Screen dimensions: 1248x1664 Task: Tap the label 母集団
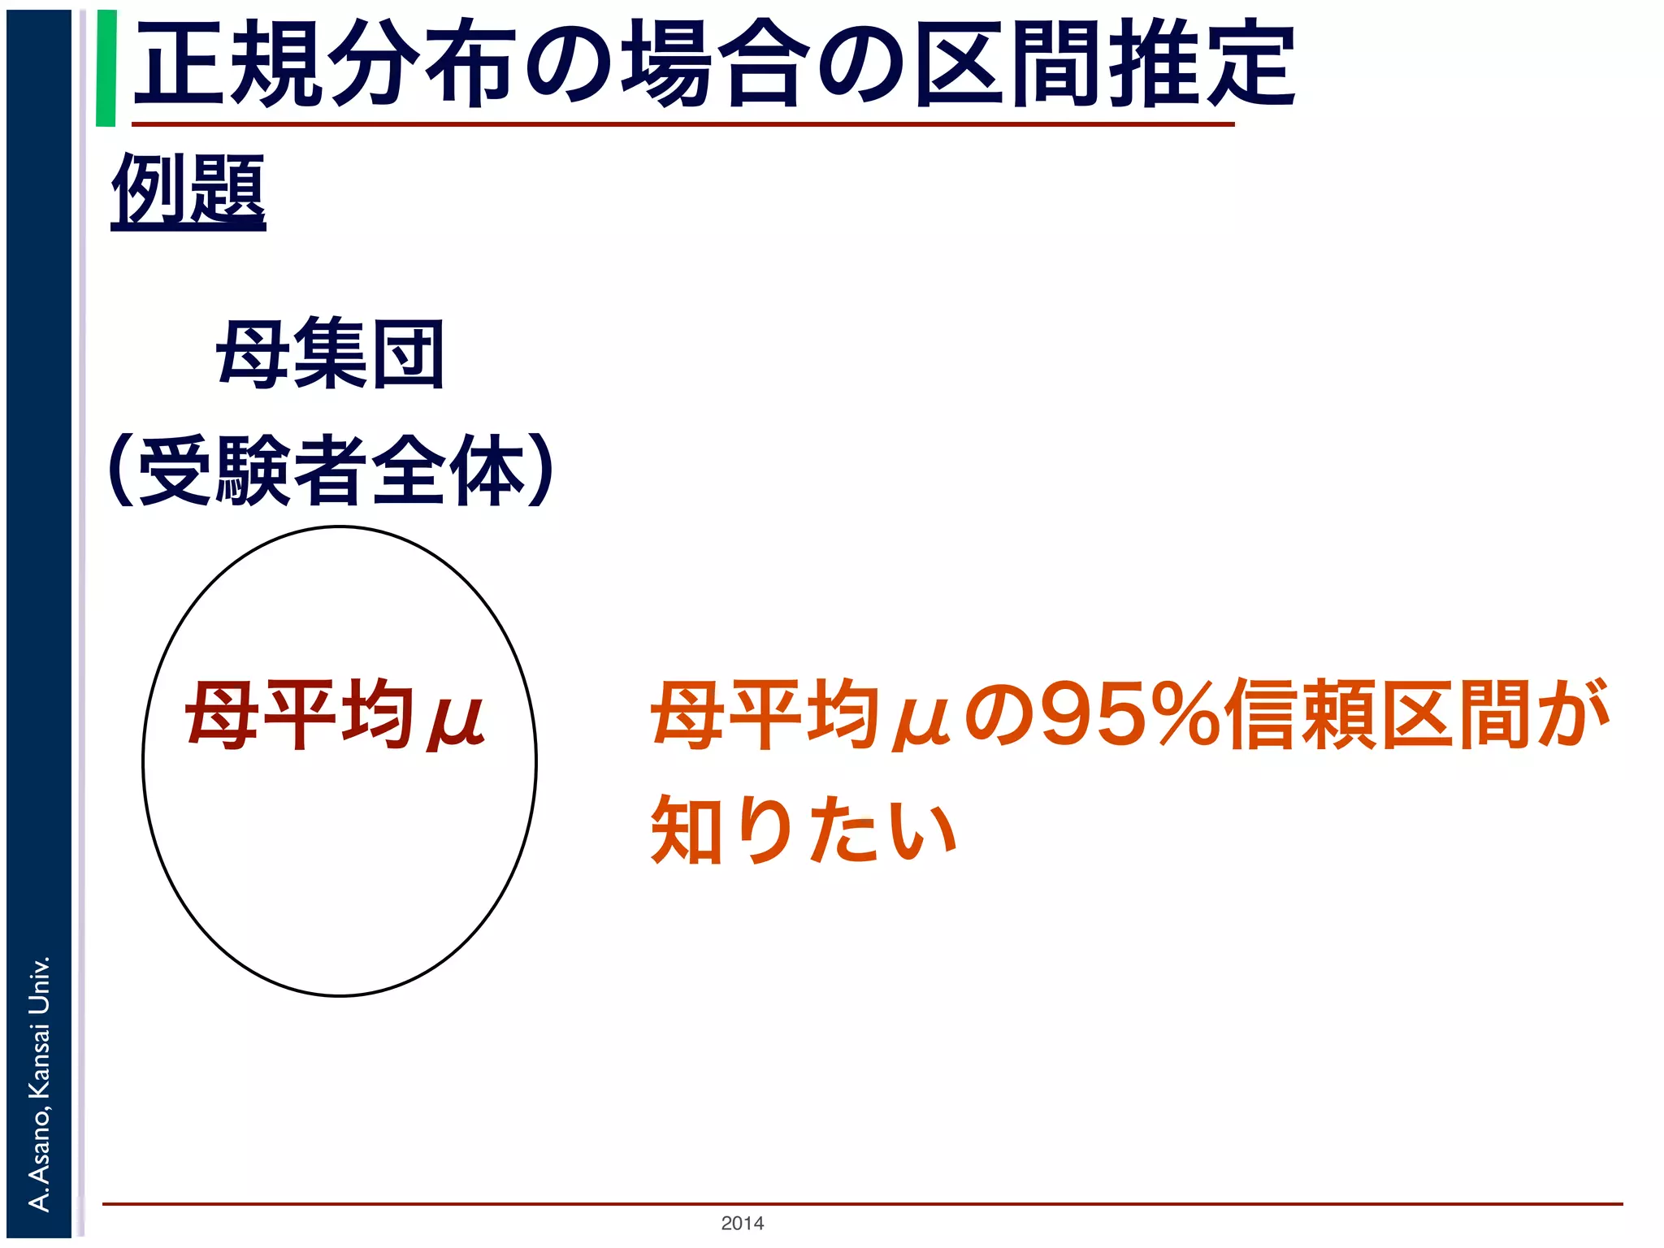pyautogui.click(x=330, y=355)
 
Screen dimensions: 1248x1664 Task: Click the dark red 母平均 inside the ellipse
pyautogui.click(x=297, y=715)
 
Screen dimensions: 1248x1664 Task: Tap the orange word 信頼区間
pyautogui.click(x=1380, y=715)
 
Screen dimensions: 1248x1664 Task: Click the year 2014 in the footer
pyautogui.click(x=742, y=1223)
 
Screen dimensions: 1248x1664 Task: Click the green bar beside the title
pyautogui.click(x=106, y=68)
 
